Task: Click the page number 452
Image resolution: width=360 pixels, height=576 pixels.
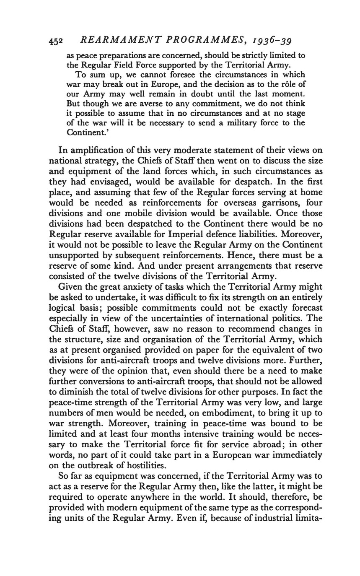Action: pos(56,41)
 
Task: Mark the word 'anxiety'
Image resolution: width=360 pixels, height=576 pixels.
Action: pos(134,287)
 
